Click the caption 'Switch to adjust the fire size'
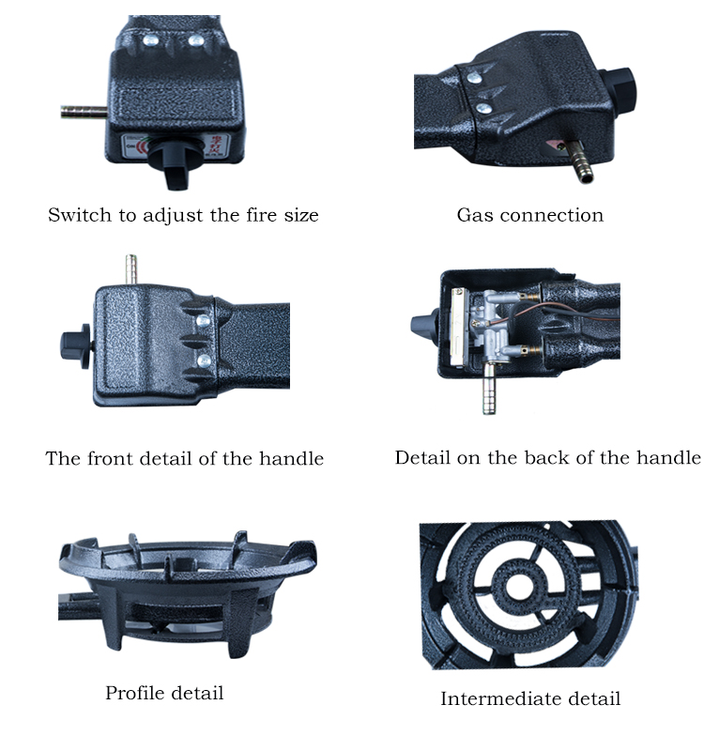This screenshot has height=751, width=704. click(x=183, y=215)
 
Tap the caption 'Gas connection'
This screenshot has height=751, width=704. click(x=529, y=215)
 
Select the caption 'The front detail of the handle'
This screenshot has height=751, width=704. click(x=185, y=459)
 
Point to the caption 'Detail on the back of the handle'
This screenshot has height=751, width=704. click(x=547, y=458)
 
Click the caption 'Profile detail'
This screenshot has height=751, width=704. click(x=164, y=694)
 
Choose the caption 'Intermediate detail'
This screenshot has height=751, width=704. click(x=530, y=698)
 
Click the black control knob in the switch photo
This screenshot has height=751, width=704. click(x=175, y=165)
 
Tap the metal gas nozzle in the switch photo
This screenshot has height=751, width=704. click(x=81, y=112)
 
